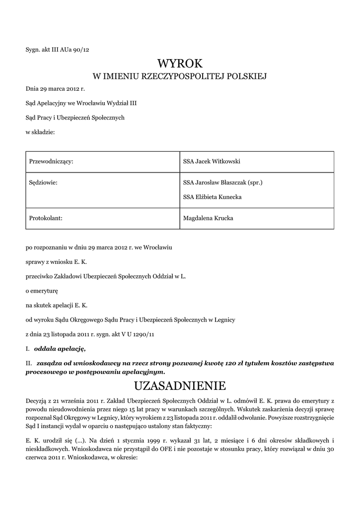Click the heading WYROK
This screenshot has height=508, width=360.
click(180, 63)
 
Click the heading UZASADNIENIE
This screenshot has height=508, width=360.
click(180, 385)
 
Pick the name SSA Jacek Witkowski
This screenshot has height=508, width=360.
click(212, 161)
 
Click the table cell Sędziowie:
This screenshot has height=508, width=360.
click(44, 183)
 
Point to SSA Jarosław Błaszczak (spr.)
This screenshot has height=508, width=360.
click(222, 183)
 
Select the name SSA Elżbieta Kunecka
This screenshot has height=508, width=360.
click(212, 197)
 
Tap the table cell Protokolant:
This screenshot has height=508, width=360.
click(46, 218)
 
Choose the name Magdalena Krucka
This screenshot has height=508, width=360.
click(208, 218)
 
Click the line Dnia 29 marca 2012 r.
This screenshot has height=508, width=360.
click(55, 89)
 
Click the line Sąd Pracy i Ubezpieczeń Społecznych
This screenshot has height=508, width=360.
click(75, 118)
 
